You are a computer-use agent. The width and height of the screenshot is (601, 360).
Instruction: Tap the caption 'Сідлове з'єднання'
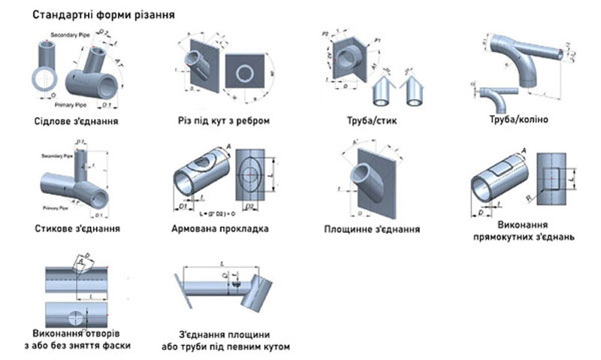point(79,120)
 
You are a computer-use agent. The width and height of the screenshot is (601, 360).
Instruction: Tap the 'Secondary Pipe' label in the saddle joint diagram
point(70,35)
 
